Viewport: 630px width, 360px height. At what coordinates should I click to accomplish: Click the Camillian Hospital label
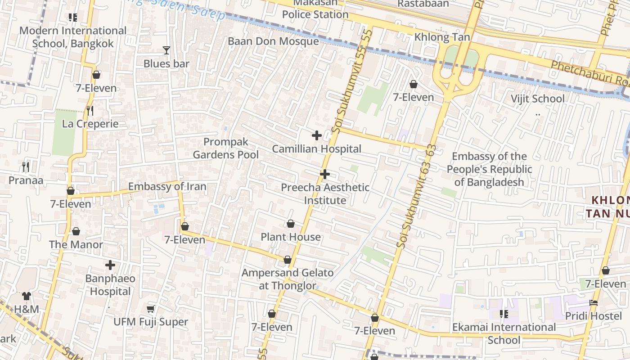point(317,149)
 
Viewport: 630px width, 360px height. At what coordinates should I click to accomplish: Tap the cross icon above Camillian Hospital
point(317,135)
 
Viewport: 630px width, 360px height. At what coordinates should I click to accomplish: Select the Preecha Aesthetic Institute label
point(325,193)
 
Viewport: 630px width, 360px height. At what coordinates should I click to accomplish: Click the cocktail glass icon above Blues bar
point(166,50)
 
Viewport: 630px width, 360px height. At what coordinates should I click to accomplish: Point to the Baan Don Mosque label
point(273,41)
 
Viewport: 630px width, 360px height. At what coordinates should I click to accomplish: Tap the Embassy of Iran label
point(167,187)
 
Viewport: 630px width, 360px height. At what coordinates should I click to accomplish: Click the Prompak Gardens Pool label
point(225,148)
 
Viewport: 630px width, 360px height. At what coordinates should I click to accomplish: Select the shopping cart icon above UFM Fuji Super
point(151,309)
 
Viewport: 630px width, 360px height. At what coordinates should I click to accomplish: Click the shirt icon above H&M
point(27,296)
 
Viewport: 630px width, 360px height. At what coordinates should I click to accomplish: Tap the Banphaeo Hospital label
point(110,285)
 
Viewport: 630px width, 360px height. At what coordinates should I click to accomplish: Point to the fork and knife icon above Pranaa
point(26,167)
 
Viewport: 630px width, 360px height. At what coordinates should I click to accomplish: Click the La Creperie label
point(90,124)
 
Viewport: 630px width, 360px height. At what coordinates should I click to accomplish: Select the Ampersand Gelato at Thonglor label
point(288,279)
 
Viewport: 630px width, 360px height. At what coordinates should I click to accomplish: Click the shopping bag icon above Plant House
point(291,224)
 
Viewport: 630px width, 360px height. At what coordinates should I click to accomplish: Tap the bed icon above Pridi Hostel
point(594,303)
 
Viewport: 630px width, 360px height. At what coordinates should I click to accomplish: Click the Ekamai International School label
point(504,333)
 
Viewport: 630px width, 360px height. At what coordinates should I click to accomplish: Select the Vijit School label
point(537,99)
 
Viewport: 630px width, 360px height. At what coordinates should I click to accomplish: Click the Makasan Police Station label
point(315,9)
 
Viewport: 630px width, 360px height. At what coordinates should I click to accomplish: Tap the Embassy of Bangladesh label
point(489,169)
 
